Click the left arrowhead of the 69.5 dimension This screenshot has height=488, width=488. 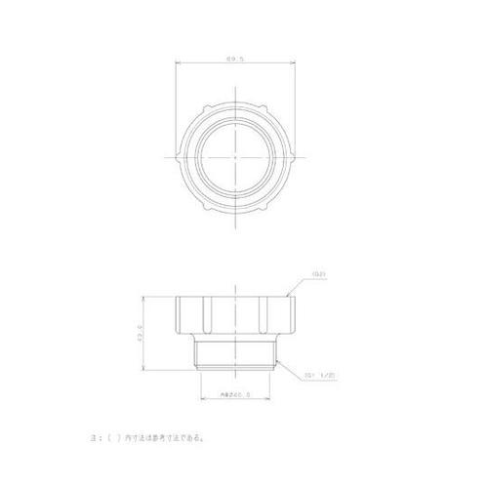point(179,65)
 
